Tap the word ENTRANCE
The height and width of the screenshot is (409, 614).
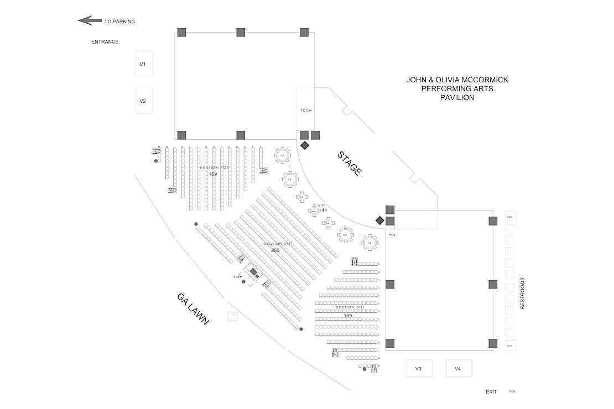coord(105,41)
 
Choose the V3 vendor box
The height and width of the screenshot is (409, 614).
coord(419,369)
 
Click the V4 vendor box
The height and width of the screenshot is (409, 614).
coord(458,369)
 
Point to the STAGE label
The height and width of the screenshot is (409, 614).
coord(350,164)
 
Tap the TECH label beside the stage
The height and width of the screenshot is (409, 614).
coord(306,111)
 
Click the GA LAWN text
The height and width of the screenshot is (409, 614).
coord(193,308)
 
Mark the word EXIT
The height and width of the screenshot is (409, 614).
coord(491,392)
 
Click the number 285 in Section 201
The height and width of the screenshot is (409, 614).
coord(275,250)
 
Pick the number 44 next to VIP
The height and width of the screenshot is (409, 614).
coord(324,211)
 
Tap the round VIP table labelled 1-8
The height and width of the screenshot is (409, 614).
coord(283,156)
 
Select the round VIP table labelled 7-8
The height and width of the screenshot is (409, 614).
coord(370,243)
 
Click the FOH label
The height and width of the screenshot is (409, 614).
coord(238,276)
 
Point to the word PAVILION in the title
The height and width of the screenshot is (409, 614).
coord(457,98)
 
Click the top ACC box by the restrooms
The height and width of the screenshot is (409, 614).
coord(510,217)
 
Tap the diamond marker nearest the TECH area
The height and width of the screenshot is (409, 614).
coord(304,145)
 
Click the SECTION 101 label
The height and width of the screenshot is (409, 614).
coord(214,167)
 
